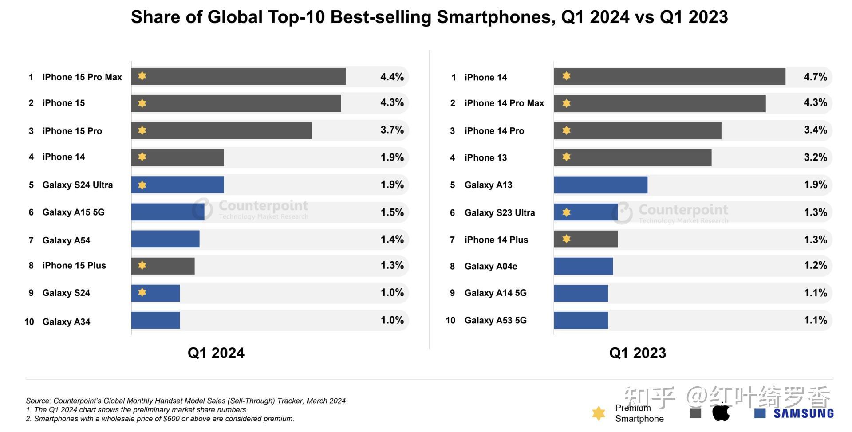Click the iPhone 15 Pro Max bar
238,76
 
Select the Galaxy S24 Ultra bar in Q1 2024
177,185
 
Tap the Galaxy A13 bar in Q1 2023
600,185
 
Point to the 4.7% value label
815,77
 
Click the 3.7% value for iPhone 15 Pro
392,130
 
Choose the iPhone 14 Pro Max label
504,103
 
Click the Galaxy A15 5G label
73,212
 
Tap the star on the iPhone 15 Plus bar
142,265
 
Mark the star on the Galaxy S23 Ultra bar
566,212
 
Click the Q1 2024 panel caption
216,353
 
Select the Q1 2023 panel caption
637,353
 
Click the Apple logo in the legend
721,412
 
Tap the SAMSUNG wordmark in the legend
804,414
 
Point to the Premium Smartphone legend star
599,413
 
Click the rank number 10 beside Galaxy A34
29,322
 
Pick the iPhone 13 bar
632,157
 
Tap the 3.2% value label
815,157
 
